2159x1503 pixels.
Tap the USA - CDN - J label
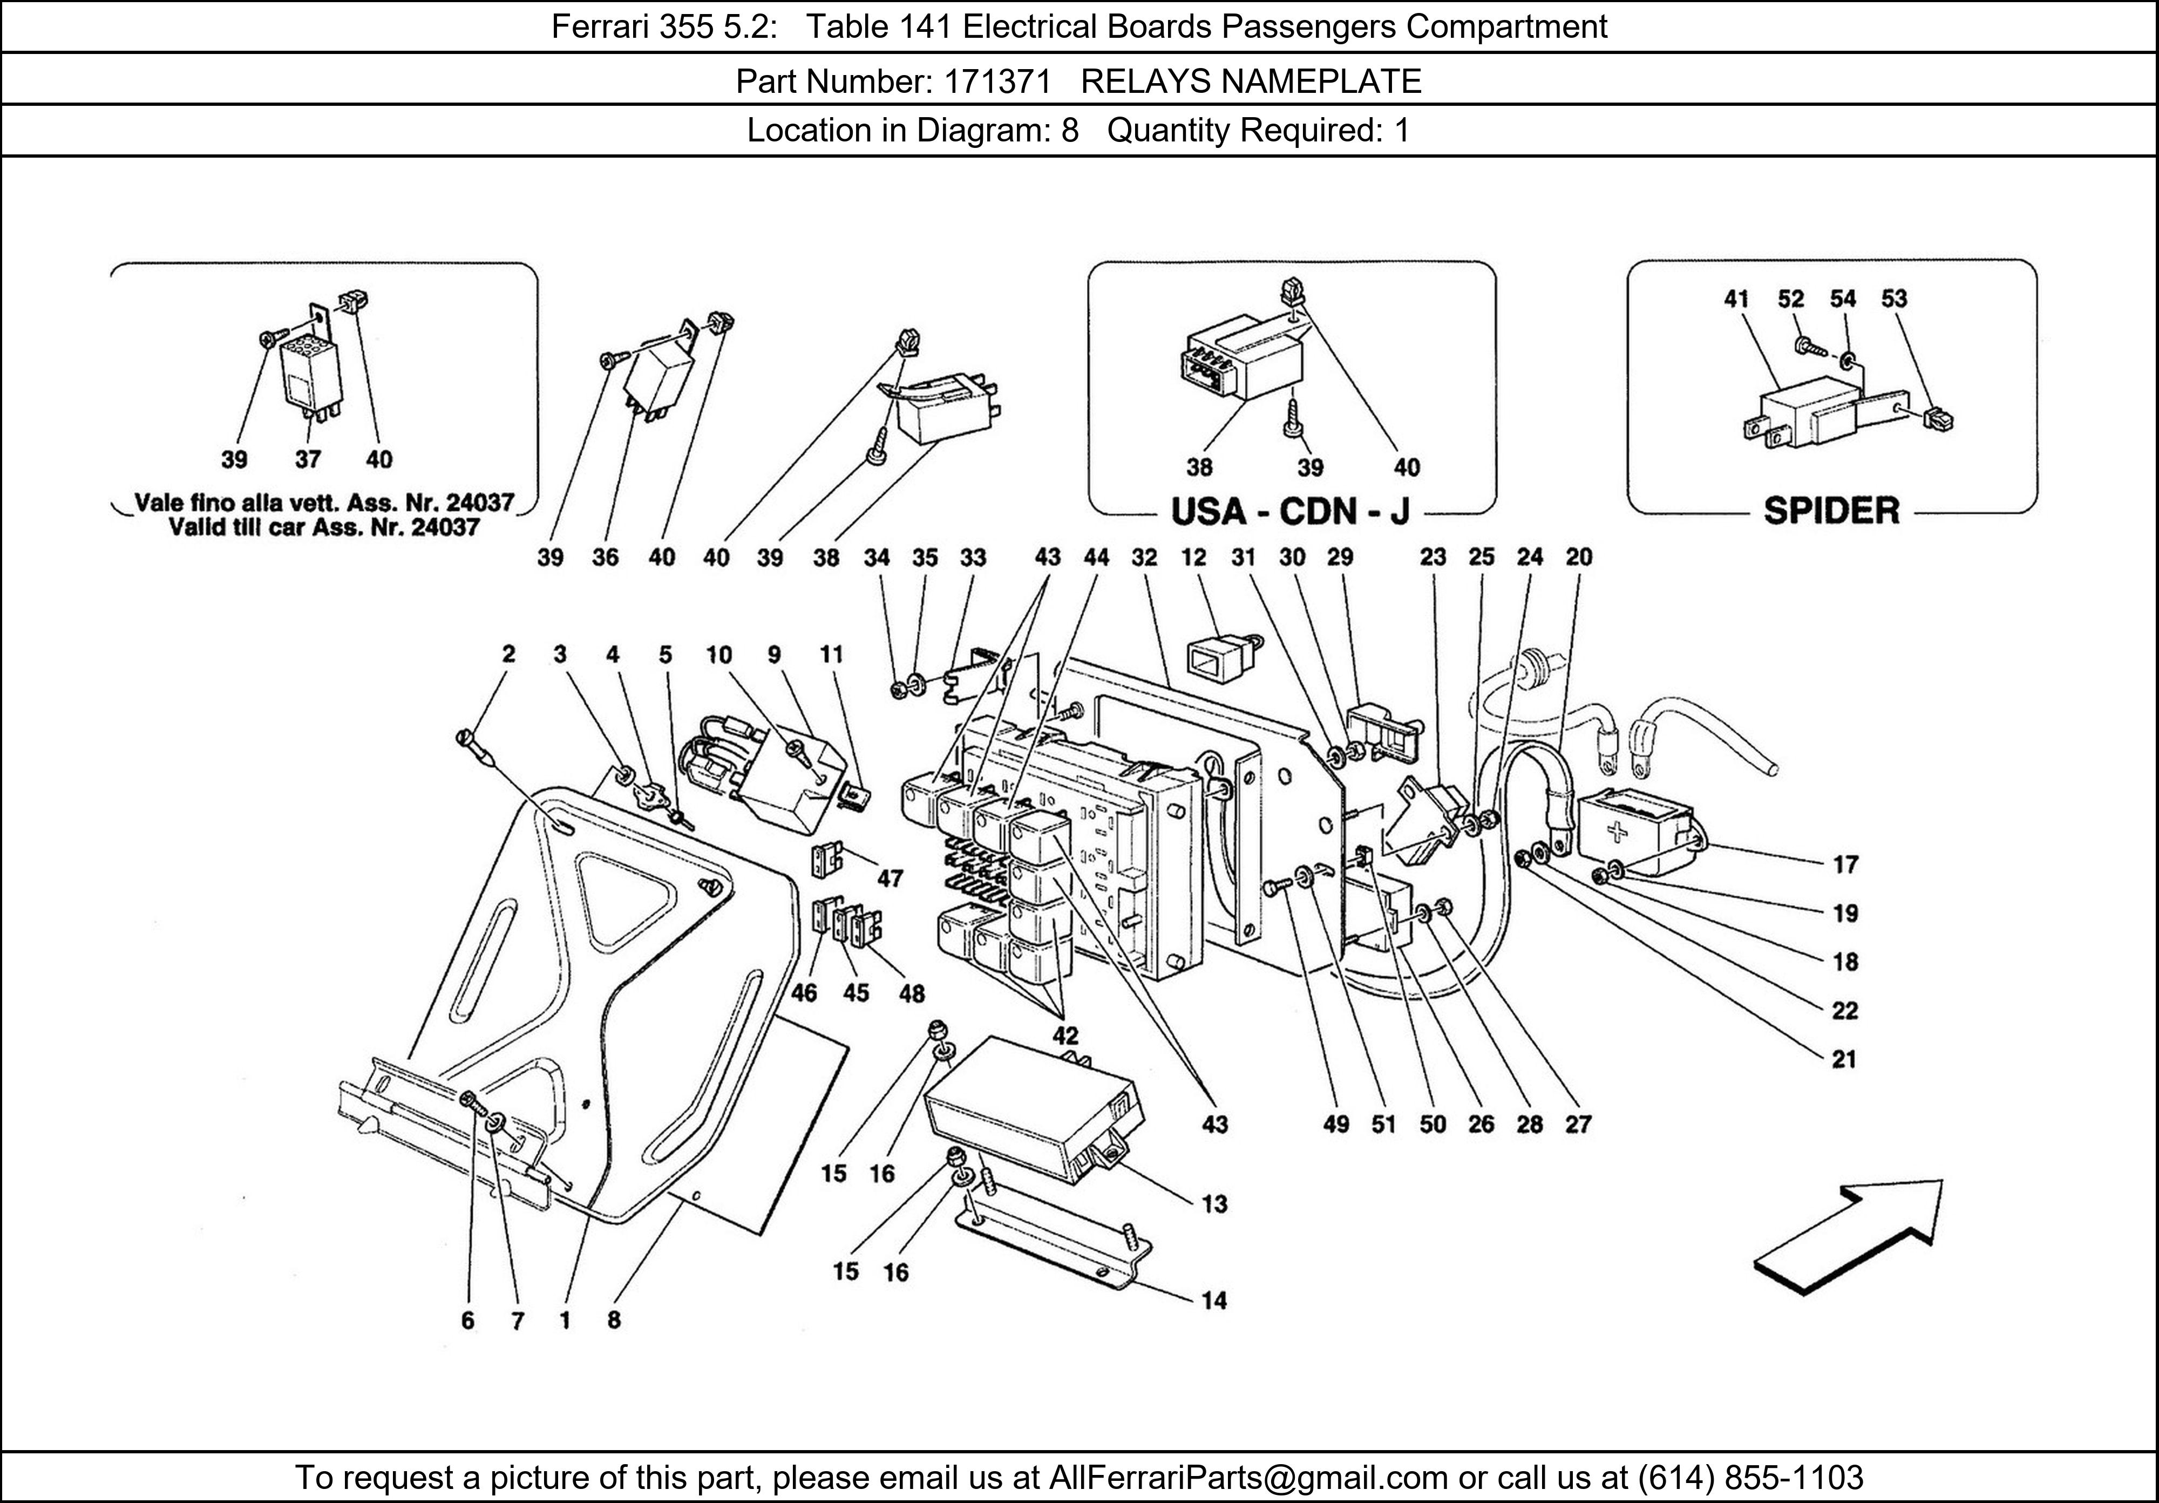pyautogui.click(x=1290, y=512)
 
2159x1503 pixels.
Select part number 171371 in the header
pyautogui.click(x=997, y=82)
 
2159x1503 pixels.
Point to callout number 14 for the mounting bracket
pyautogui.click(x=1214, y=1301)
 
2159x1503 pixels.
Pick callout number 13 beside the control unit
pyautogui.click(x=1214, y=1204)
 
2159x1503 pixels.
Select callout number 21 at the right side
pyautogui.click(x=1844, y=1059)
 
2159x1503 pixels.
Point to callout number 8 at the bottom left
pyautogui.click(x=613, y=1319)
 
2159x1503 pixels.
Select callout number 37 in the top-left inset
pyautogui.click(x=308, y=459)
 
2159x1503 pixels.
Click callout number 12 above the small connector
pyautogui.click(x=1193, y=557)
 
